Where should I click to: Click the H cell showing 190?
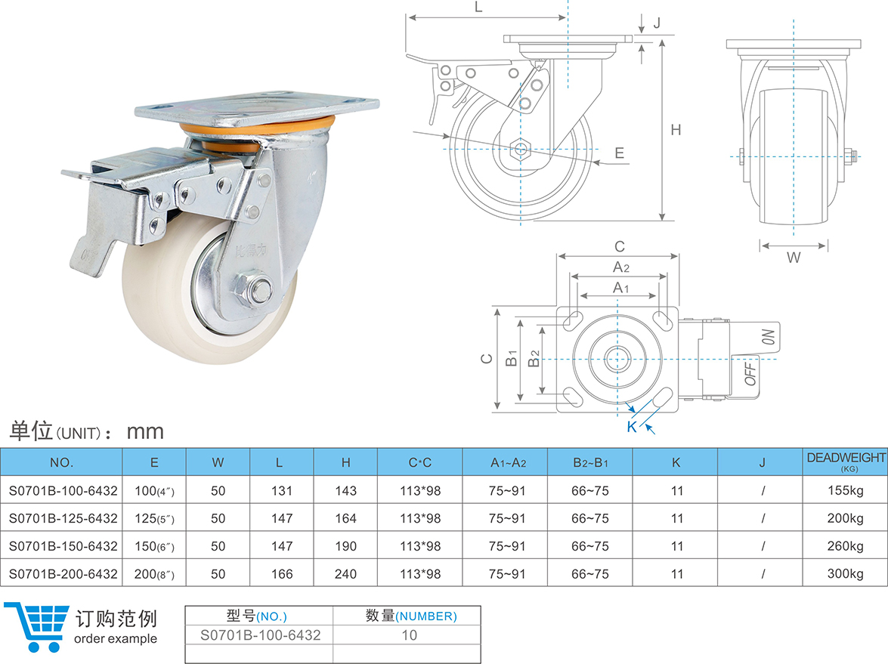(x=345, y=546)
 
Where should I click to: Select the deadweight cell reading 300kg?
(x=845, y=574)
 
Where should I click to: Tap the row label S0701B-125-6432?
(x=63, y=518)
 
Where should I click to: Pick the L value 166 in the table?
(x=282, y=574)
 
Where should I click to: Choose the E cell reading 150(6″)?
(x=154, y=546)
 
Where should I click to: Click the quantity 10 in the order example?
(x=409, y=635)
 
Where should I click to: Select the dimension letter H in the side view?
(x=676, y=130)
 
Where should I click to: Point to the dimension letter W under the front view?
(x=794, y=258)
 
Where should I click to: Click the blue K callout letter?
(x=632, y=427)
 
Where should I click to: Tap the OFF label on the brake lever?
(x=751, y=373)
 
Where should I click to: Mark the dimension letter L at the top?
(x=478, y=8)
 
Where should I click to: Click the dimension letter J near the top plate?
(x=657, y=23)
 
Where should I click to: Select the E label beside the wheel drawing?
(x=619, y=153)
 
